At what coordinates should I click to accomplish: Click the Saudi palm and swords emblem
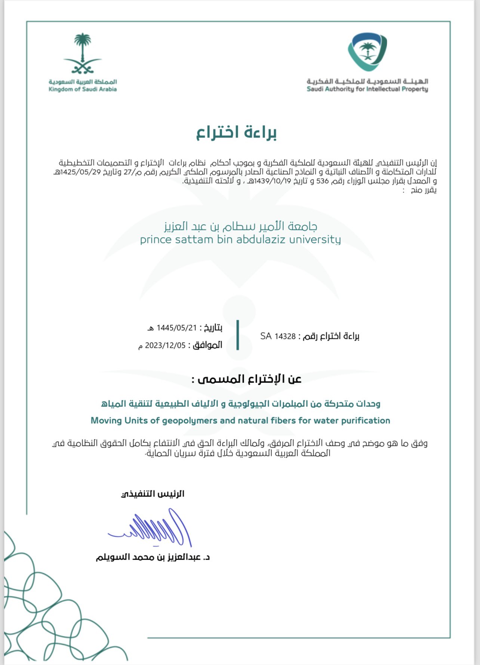(x=83, y=53)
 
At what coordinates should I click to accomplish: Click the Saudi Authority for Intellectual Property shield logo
(x=367, y=52)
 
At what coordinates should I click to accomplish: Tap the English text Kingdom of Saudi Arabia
(x=83, y=89)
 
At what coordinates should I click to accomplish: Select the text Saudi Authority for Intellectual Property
(x=367, y=89)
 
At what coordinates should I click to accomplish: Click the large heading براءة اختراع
(x=237, y=133)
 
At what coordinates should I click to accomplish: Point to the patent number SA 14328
(x=278, y=336)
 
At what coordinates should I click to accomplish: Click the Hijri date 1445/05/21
(x=176, y=328)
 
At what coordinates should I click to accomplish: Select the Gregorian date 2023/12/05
(x=165, y=345)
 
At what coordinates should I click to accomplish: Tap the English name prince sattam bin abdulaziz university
(x=240, y=239)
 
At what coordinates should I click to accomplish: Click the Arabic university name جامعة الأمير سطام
(x=240, y=226)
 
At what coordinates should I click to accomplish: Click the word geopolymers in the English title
(x=190, y=421)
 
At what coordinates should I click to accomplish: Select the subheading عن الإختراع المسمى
(x=246, y=379)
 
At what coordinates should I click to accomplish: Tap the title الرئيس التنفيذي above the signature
(x=153, y=494)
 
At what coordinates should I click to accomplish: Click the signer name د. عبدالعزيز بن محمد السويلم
(x=153, y=557)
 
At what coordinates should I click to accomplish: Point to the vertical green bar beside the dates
(x=238, y=335)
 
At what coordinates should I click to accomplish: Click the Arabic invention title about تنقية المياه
(x=240, y=404)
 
